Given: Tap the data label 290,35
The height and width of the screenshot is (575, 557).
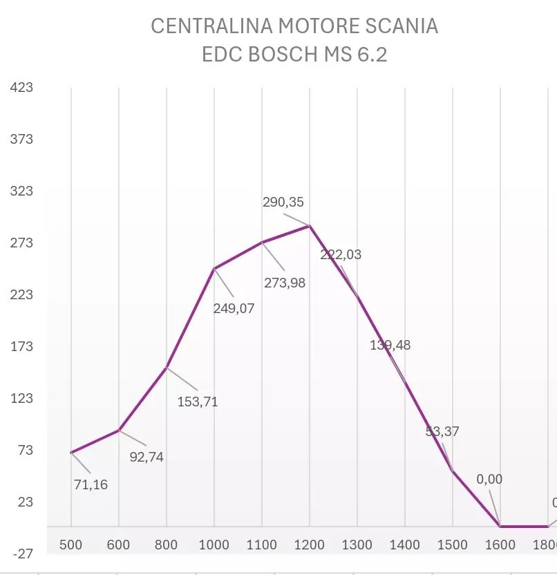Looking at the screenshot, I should [283, 202].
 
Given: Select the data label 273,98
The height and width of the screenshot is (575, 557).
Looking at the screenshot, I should [285, 282].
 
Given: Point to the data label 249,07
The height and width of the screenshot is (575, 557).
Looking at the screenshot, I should [234, 308].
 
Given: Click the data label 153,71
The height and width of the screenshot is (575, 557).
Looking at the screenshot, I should [198, 402].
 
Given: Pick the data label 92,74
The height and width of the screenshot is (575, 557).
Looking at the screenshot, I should [147, 457].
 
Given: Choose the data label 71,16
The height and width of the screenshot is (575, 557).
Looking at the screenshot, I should [91, 484].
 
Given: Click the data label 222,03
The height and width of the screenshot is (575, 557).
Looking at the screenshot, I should [341, 254].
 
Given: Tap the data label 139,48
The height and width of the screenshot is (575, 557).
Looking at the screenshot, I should [390, 345].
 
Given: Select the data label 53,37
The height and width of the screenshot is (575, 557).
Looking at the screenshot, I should [442, 431].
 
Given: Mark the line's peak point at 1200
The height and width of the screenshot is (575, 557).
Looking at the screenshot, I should [310, 226].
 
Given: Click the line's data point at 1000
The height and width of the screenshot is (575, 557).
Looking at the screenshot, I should [214, 269].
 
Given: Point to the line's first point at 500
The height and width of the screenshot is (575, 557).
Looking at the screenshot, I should [71, 453].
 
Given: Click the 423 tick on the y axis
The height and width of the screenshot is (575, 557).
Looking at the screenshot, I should [22, 88].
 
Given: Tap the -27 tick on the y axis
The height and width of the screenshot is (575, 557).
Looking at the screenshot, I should [22, 554].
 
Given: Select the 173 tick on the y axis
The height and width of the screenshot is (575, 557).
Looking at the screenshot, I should [22, 346].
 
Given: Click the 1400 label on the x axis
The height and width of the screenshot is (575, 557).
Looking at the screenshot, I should [404, 545].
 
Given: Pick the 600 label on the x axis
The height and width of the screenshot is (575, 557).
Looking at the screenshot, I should [119, 545].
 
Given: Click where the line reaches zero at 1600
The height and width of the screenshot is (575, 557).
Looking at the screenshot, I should [500, 527].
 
